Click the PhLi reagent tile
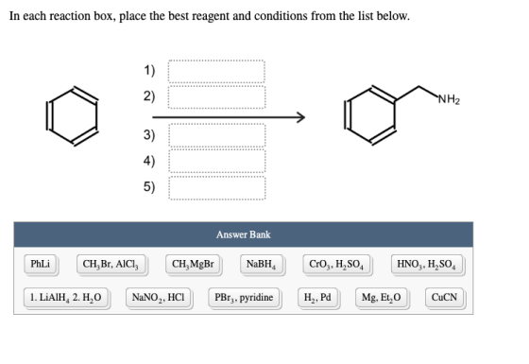coord(41,264)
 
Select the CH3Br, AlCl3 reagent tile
coord(111,264)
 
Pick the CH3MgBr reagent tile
coord(193,264)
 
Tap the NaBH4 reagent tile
coord(262,264)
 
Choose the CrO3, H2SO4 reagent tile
coord(336,264)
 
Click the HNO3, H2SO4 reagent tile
coord(427,264)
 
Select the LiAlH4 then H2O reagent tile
coord(66,298)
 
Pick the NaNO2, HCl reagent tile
coord(159,298)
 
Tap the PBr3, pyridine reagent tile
coord(244,298)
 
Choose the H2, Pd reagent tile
coord(317,298)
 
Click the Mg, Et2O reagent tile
coord(382,298)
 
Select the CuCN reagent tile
coord(444,298)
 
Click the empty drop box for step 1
coord(216,71)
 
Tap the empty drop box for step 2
coord(216,97)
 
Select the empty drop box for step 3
coord(217,135)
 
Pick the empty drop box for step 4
coord(217,161)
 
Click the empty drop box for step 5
coord(217,188)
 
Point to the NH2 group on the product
coord(449,99)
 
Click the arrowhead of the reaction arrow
coord(301,117)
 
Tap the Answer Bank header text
coord(244,234)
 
